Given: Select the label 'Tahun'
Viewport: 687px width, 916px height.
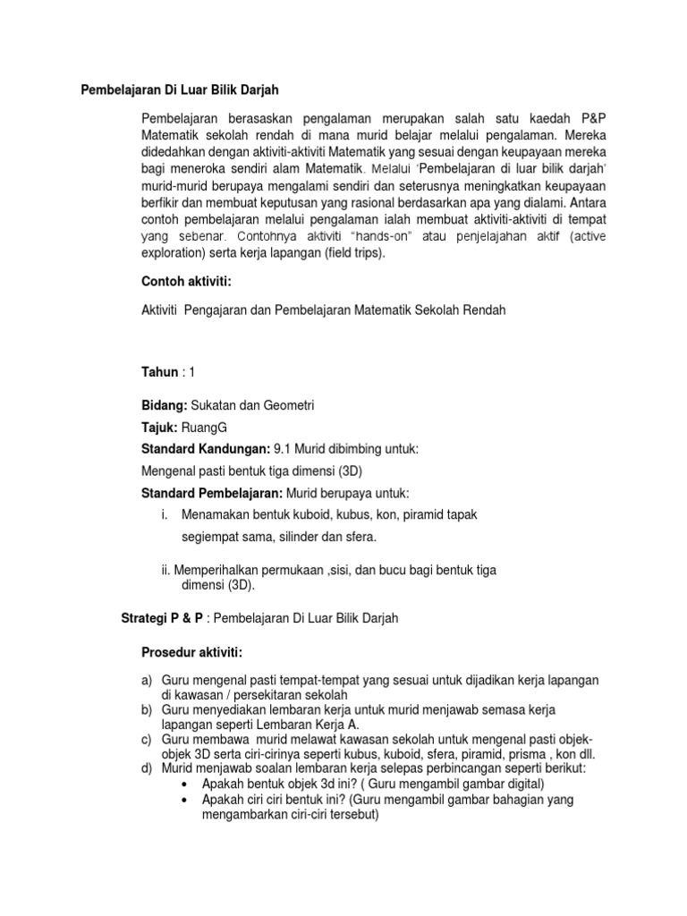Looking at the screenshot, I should (161, 372).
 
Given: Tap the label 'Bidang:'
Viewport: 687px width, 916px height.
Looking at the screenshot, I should (165, 405).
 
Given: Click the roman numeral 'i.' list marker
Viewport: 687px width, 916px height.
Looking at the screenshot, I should (165, 514).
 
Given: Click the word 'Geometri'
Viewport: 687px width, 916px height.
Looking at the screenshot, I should (288, 405).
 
